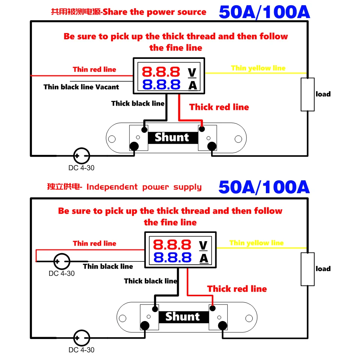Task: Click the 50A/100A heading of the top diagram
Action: pos(264,12)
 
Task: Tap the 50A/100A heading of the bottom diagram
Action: pos(264,187)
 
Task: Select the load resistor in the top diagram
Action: pos(307,94)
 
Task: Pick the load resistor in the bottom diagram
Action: pos(307,269)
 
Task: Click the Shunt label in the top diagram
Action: pos(172,138)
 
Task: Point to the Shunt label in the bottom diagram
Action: pos(183,317)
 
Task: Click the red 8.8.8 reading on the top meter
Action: pos(161,71)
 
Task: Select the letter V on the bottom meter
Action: pos(203,246)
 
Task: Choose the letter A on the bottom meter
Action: pos(203,258)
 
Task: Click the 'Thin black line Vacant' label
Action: pos(81,87)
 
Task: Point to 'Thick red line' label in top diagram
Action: pos(219,107)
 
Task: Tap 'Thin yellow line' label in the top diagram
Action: pos(258,68)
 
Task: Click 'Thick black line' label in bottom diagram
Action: pos(150,281)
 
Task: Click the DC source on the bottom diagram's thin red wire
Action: pos(61,261)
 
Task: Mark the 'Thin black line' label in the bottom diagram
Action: pos(108,267)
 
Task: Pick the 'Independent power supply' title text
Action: pos(144,187)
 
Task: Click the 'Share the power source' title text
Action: pos(154,12)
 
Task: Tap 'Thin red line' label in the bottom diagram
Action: pos(94,244)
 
